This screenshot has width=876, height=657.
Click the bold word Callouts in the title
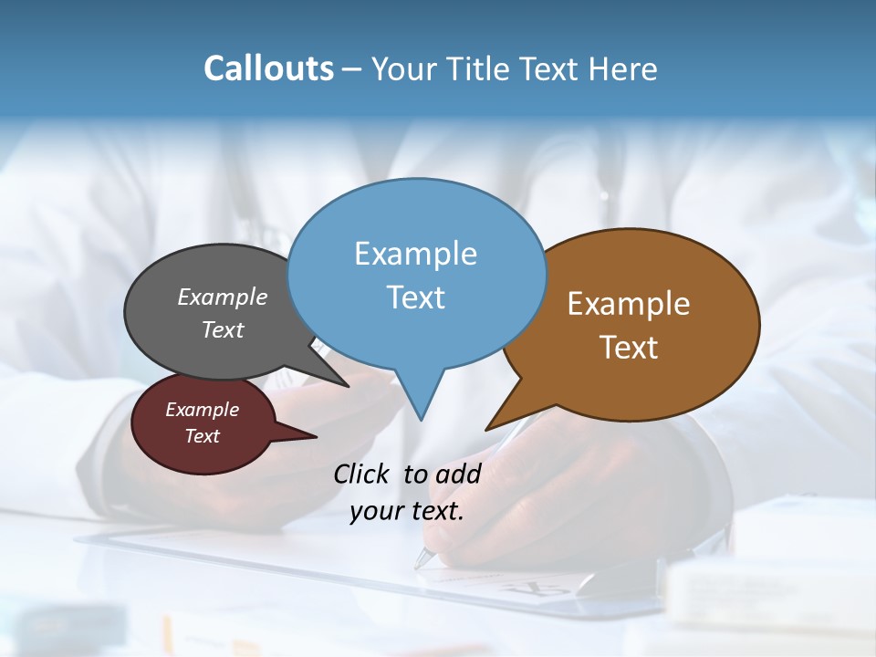point(268,68)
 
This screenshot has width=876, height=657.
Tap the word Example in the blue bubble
point(415,254)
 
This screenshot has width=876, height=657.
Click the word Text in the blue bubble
point(415,297)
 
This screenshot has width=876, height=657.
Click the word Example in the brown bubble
point(629,304)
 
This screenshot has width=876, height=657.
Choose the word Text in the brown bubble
point(629,348)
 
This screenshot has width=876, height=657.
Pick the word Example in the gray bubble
point(223,297)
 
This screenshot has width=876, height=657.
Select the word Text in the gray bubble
point(223,330)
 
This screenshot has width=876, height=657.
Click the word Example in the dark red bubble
point(202,410)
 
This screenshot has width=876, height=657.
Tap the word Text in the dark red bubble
point(202,436)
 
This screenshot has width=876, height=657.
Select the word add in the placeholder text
point(458,474)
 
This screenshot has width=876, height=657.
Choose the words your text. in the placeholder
point(407,511)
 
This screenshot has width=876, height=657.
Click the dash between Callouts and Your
point(352,69)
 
